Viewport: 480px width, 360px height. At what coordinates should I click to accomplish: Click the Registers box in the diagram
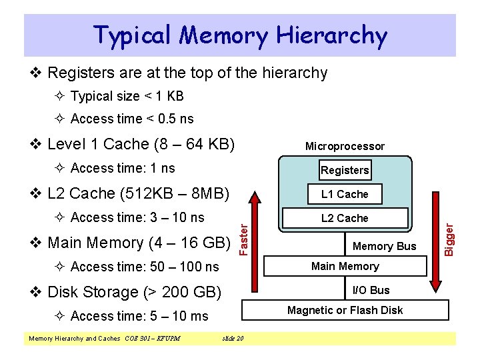(345, 170)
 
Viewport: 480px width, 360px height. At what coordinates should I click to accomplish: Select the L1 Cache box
(345, 194)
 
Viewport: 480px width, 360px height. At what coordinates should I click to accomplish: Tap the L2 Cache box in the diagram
(345, 218)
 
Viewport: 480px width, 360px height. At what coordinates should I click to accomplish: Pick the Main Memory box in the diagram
(345, 266)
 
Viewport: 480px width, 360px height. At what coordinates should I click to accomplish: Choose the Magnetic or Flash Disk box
(345, 310)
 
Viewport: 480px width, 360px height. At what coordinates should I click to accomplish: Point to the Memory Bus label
(384, 246)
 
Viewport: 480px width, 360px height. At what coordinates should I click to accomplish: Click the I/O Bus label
(371, 290)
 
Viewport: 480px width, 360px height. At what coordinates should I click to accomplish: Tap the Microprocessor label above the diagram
(345, 146)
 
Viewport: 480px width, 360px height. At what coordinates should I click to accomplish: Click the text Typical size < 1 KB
(127, 96)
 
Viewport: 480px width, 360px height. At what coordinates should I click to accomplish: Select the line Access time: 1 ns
(122, 168)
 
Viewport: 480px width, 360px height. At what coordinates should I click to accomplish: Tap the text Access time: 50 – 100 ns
(144, 267)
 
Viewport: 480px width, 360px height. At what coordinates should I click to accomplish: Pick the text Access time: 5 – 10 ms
(139, 316)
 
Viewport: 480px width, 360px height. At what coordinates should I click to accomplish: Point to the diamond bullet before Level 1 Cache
(37, 144)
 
